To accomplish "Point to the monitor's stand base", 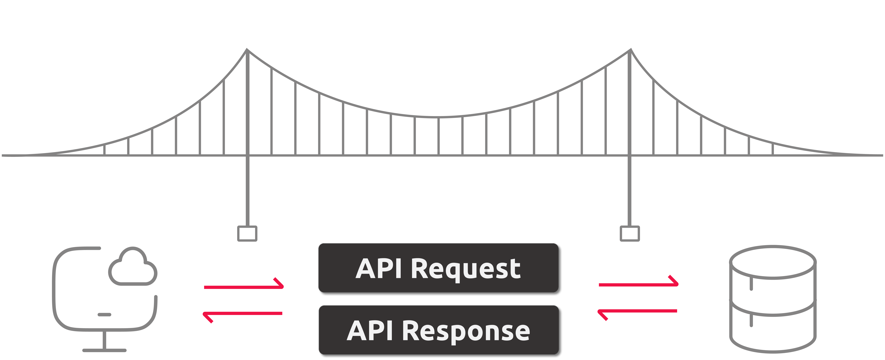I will tap(104, 350).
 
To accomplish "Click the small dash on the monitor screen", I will tap(104, 314).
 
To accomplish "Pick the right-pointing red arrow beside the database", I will tap(638, 283).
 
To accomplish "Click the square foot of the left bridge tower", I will tap(247, 234).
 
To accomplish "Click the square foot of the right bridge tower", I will tap(630, 234).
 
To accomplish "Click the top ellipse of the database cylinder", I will tap(773, 262).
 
